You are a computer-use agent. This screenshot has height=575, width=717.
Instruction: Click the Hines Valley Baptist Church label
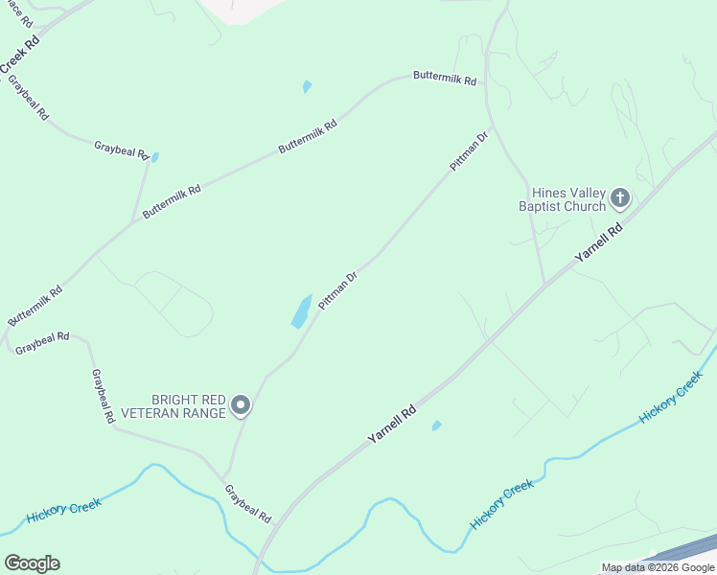(562, 199)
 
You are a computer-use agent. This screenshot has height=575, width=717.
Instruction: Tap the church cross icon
(620, 199)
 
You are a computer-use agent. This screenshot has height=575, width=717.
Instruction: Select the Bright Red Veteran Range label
(188, 406)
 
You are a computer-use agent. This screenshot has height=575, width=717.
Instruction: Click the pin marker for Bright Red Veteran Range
(242, 406)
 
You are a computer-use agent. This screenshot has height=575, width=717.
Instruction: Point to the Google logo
(32, 563)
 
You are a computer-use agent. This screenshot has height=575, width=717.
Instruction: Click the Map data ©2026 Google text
(658, 567)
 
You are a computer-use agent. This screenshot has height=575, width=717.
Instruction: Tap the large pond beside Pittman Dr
(301, 311)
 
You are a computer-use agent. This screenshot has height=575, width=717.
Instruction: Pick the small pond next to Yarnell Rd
(436, 425)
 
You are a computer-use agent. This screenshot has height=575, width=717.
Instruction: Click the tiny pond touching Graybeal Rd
(154, 157)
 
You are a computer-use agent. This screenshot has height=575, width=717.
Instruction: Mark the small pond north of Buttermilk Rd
(307, 86)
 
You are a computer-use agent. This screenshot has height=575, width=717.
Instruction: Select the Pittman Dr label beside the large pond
(338, 289)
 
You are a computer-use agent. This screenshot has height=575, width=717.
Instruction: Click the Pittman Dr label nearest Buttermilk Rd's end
(470, 149)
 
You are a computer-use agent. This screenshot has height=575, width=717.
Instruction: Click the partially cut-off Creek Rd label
(18, 54)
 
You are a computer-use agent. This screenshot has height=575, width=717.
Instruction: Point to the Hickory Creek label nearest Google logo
(63, 510)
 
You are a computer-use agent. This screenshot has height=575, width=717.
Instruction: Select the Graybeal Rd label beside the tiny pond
(122, 149)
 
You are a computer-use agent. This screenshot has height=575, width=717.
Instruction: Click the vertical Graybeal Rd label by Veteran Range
(103, 397)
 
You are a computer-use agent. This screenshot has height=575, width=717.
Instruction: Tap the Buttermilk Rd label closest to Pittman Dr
(445, 79)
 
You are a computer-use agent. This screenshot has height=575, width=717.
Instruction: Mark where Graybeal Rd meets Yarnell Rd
(273, 525)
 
